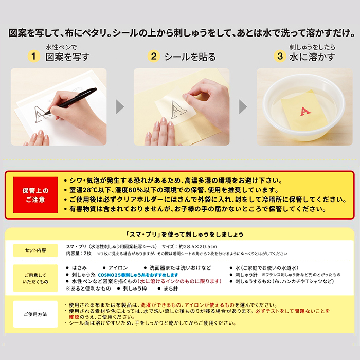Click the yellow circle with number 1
pos(34,56)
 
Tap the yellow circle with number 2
pos(154,56)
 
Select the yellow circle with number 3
pos(280,56)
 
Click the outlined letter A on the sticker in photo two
pos(178,110)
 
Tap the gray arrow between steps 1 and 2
pos(120,107)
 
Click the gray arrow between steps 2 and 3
pos(243,107)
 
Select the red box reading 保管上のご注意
pos(35,195)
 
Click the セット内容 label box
pos(35,250)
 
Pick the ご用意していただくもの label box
pos(35,278)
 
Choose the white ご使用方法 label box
pos(35,314)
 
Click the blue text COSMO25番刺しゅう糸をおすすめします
pos(138,275)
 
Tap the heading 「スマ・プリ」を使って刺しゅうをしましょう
pos(184,235)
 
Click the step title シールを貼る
pos(190,57)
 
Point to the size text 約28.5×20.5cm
pos(198,246)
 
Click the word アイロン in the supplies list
pos(118,268)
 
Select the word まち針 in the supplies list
pos(171,289)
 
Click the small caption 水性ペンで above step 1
pos(61,47)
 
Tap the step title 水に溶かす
pos(312,57)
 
